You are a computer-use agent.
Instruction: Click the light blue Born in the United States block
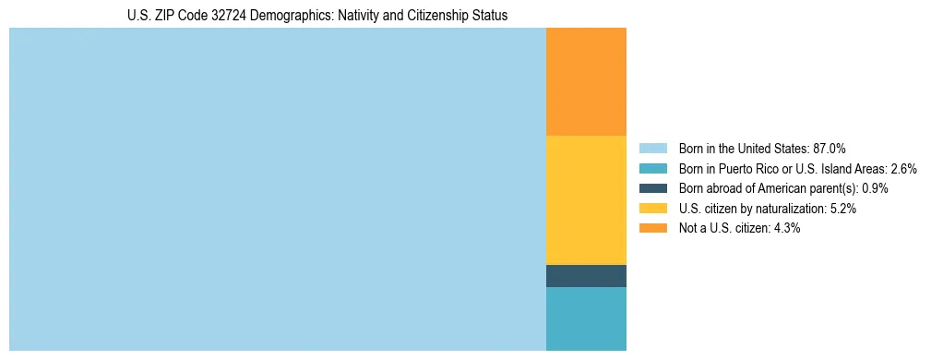point(277,189)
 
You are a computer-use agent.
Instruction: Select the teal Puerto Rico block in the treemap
point(586,318)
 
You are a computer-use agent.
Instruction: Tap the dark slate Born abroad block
point(586,276)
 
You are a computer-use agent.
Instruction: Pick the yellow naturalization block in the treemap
point(586,200)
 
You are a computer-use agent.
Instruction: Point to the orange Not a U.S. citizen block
point(586,82)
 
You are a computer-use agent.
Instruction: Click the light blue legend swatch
point(652,148)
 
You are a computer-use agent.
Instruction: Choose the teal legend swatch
point(652,168)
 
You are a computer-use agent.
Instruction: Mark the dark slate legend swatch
point(652,188)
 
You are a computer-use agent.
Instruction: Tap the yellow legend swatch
point(652,209)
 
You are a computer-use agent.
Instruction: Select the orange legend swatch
point(652,228)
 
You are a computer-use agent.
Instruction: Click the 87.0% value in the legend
point(830,148)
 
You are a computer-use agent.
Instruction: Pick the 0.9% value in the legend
point(875,188)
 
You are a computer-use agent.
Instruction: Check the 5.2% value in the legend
point(843,209)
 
